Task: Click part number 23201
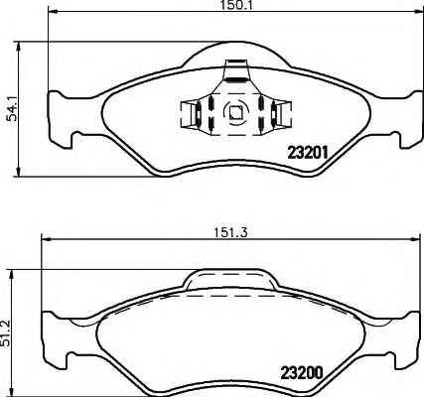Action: pyautogui.click(x=308, y=152)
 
